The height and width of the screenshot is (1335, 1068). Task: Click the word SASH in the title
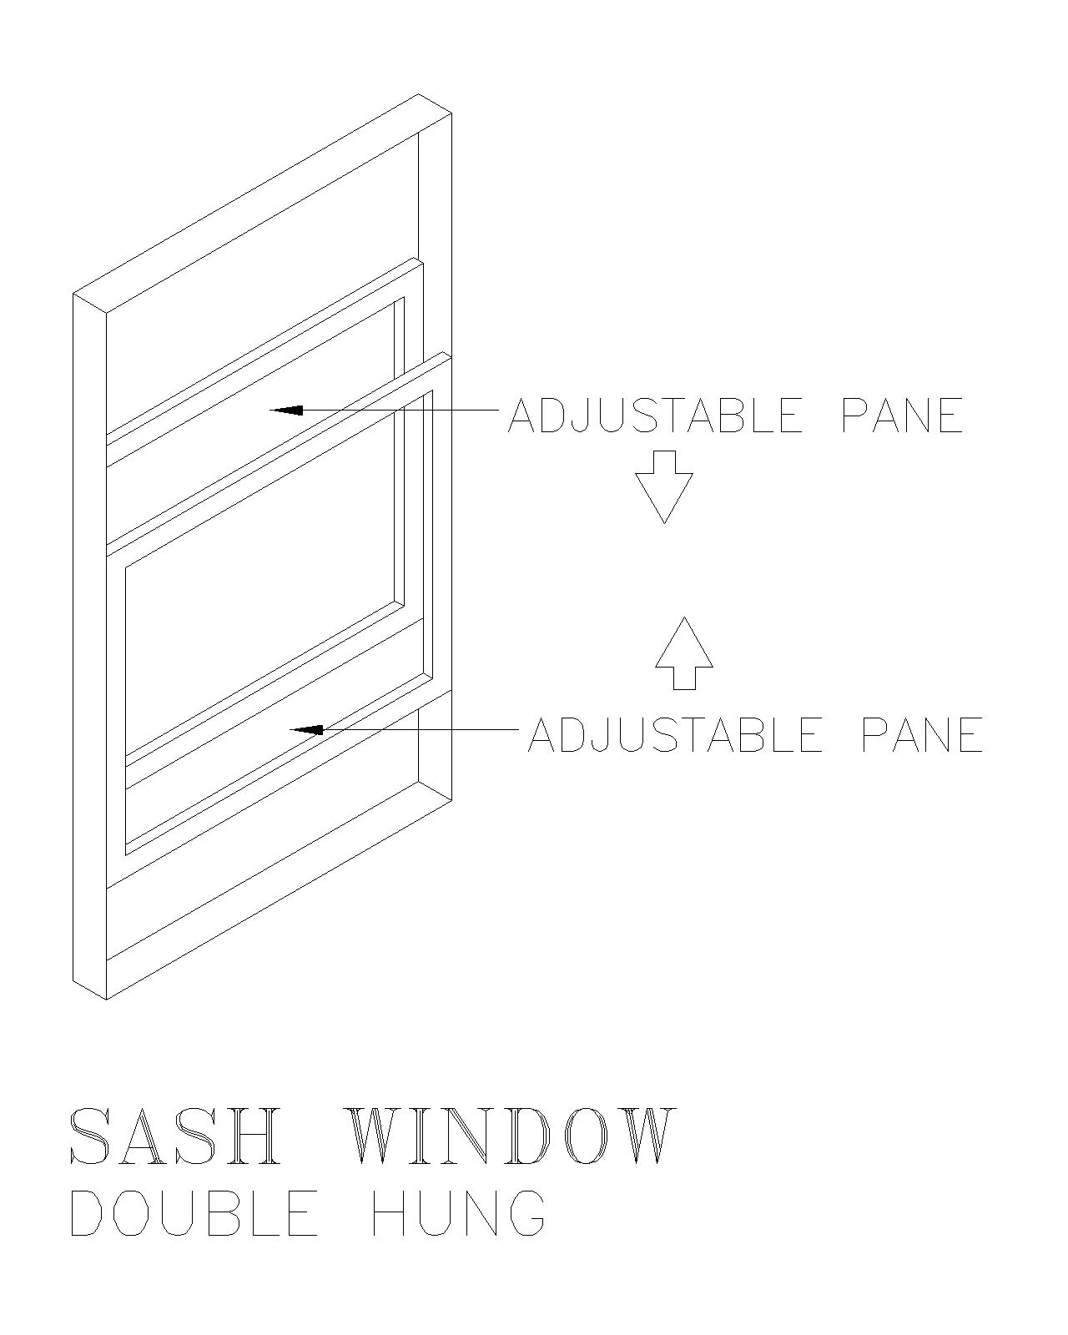(172, 1136)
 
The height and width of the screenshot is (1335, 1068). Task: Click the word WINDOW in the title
(511, 1136)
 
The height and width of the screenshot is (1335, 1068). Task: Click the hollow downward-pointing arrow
(664, 486)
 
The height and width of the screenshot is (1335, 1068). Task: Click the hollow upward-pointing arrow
(684, 653)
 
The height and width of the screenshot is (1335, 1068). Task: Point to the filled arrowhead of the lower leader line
(306, 729)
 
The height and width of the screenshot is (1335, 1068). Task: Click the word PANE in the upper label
(903, 415)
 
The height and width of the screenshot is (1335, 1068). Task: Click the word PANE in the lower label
(923, 734)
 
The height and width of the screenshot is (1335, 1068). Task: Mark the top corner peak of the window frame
(418, 94)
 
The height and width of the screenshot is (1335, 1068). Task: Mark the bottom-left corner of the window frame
(73, 981)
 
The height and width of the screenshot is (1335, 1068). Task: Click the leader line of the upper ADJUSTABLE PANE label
(385, 410)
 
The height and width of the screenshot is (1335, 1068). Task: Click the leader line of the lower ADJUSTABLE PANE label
(405, 729)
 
